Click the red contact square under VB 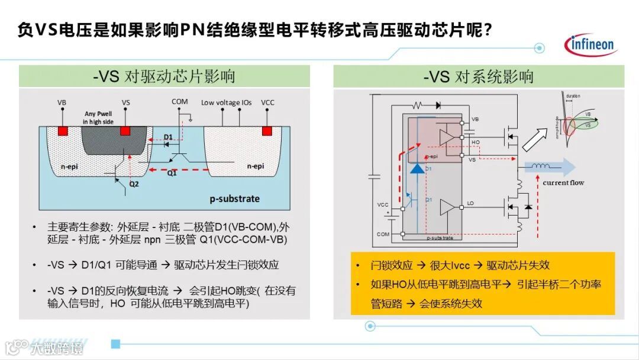[62, 130]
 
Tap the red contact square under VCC [267, 130]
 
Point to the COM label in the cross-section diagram [180, 101]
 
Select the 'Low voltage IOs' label [226, 102]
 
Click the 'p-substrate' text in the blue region [235, 198]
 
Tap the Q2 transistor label [134, 184]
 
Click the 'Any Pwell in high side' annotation [98, 118]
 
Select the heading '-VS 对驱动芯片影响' [164, 76]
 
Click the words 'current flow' [563, 183]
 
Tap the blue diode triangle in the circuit [417, 168]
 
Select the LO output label [470, 204]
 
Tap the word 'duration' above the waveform [572, 97]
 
